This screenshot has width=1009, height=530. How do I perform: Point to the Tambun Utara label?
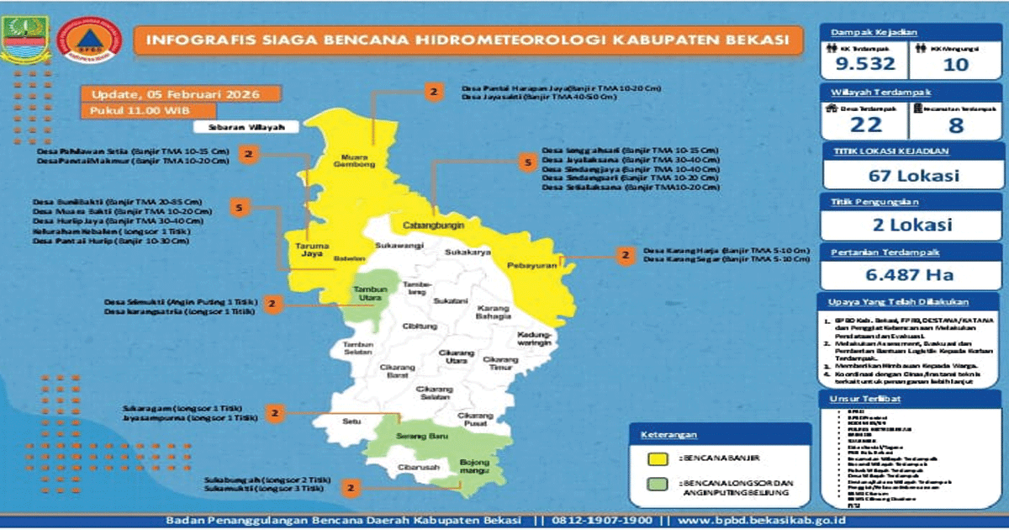click(x=367, y=294)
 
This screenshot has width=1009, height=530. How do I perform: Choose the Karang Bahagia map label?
click(x=494, y=312)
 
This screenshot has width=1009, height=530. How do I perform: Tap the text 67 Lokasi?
click(x=904, y=176)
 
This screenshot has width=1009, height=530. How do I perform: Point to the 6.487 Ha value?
click(x=904, y=274)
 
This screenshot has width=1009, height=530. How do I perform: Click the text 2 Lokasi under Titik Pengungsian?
click(x=904, y=225)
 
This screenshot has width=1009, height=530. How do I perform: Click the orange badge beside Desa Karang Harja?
click(x=625, y=256)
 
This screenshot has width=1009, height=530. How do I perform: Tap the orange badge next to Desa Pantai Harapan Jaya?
click(x=433, y=92)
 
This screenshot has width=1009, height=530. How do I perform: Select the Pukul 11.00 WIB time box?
click(x=149, y=110)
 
